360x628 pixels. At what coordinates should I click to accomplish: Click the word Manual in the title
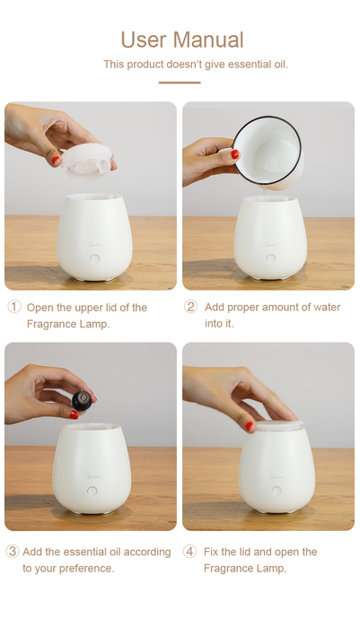208,40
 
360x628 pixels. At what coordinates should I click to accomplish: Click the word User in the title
144,40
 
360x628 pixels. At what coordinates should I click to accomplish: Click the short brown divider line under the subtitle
180,83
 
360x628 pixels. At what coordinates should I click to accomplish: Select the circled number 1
14,307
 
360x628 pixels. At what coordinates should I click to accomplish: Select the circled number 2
190,307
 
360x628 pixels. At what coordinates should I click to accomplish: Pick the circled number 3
12,551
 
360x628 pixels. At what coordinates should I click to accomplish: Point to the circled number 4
189,551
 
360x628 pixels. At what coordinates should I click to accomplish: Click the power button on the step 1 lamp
95,258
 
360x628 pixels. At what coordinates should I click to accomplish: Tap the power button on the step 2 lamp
271,258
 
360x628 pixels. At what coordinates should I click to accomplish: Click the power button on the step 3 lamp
92,491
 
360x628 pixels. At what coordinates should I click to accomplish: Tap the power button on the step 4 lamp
277,491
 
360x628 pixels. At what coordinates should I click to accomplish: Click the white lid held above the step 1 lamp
86,161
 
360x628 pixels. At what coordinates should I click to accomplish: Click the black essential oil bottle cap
83,401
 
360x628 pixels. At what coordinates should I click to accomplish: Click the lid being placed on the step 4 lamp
279,426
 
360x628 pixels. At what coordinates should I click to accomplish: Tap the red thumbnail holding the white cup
235,154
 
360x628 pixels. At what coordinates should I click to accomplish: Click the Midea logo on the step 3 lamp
92,476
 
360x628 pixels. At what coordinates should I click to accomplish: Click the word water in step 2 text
327,307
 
